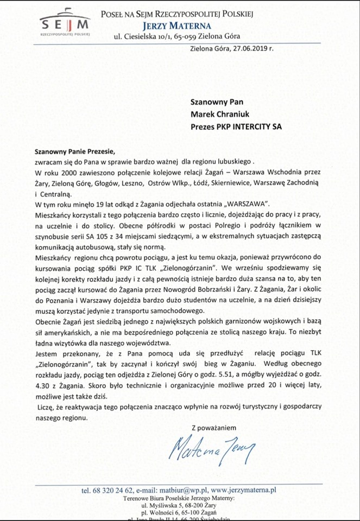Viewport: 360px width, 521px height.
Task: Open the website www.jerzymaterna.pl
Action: (243, 490)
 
